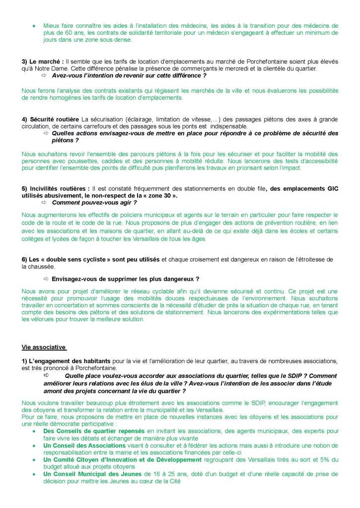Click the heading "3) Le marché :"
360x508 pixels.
[43, 61]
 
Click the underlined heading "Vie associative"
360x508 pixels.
[44, 346]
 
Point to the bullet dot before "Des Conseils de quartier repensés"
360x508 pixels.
[34, 432]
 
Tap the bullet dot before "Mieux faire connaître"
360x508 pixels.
[34, 25]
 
